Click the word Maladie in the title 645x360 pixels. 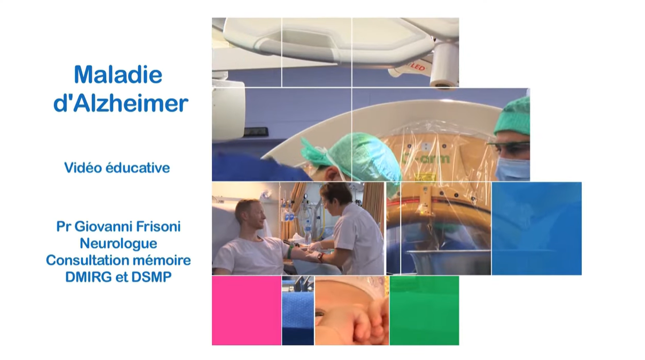click(118, 74)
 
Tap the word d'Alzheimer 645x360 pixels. click(121, 103)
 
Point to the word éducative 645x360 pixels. click(137, 168)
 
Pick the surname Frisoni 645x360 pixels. click(158, 226)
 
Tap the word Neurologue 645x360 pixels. click(118, 243)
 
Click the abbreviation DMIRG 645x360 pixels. click(88, 277)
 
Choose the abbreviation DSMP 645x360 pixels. click(151, 277)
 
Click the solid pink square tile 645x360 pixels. click(247, 310)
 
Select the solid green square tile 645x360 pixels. click(424, 310)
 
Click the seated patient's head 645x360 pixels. click(250, 214)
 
